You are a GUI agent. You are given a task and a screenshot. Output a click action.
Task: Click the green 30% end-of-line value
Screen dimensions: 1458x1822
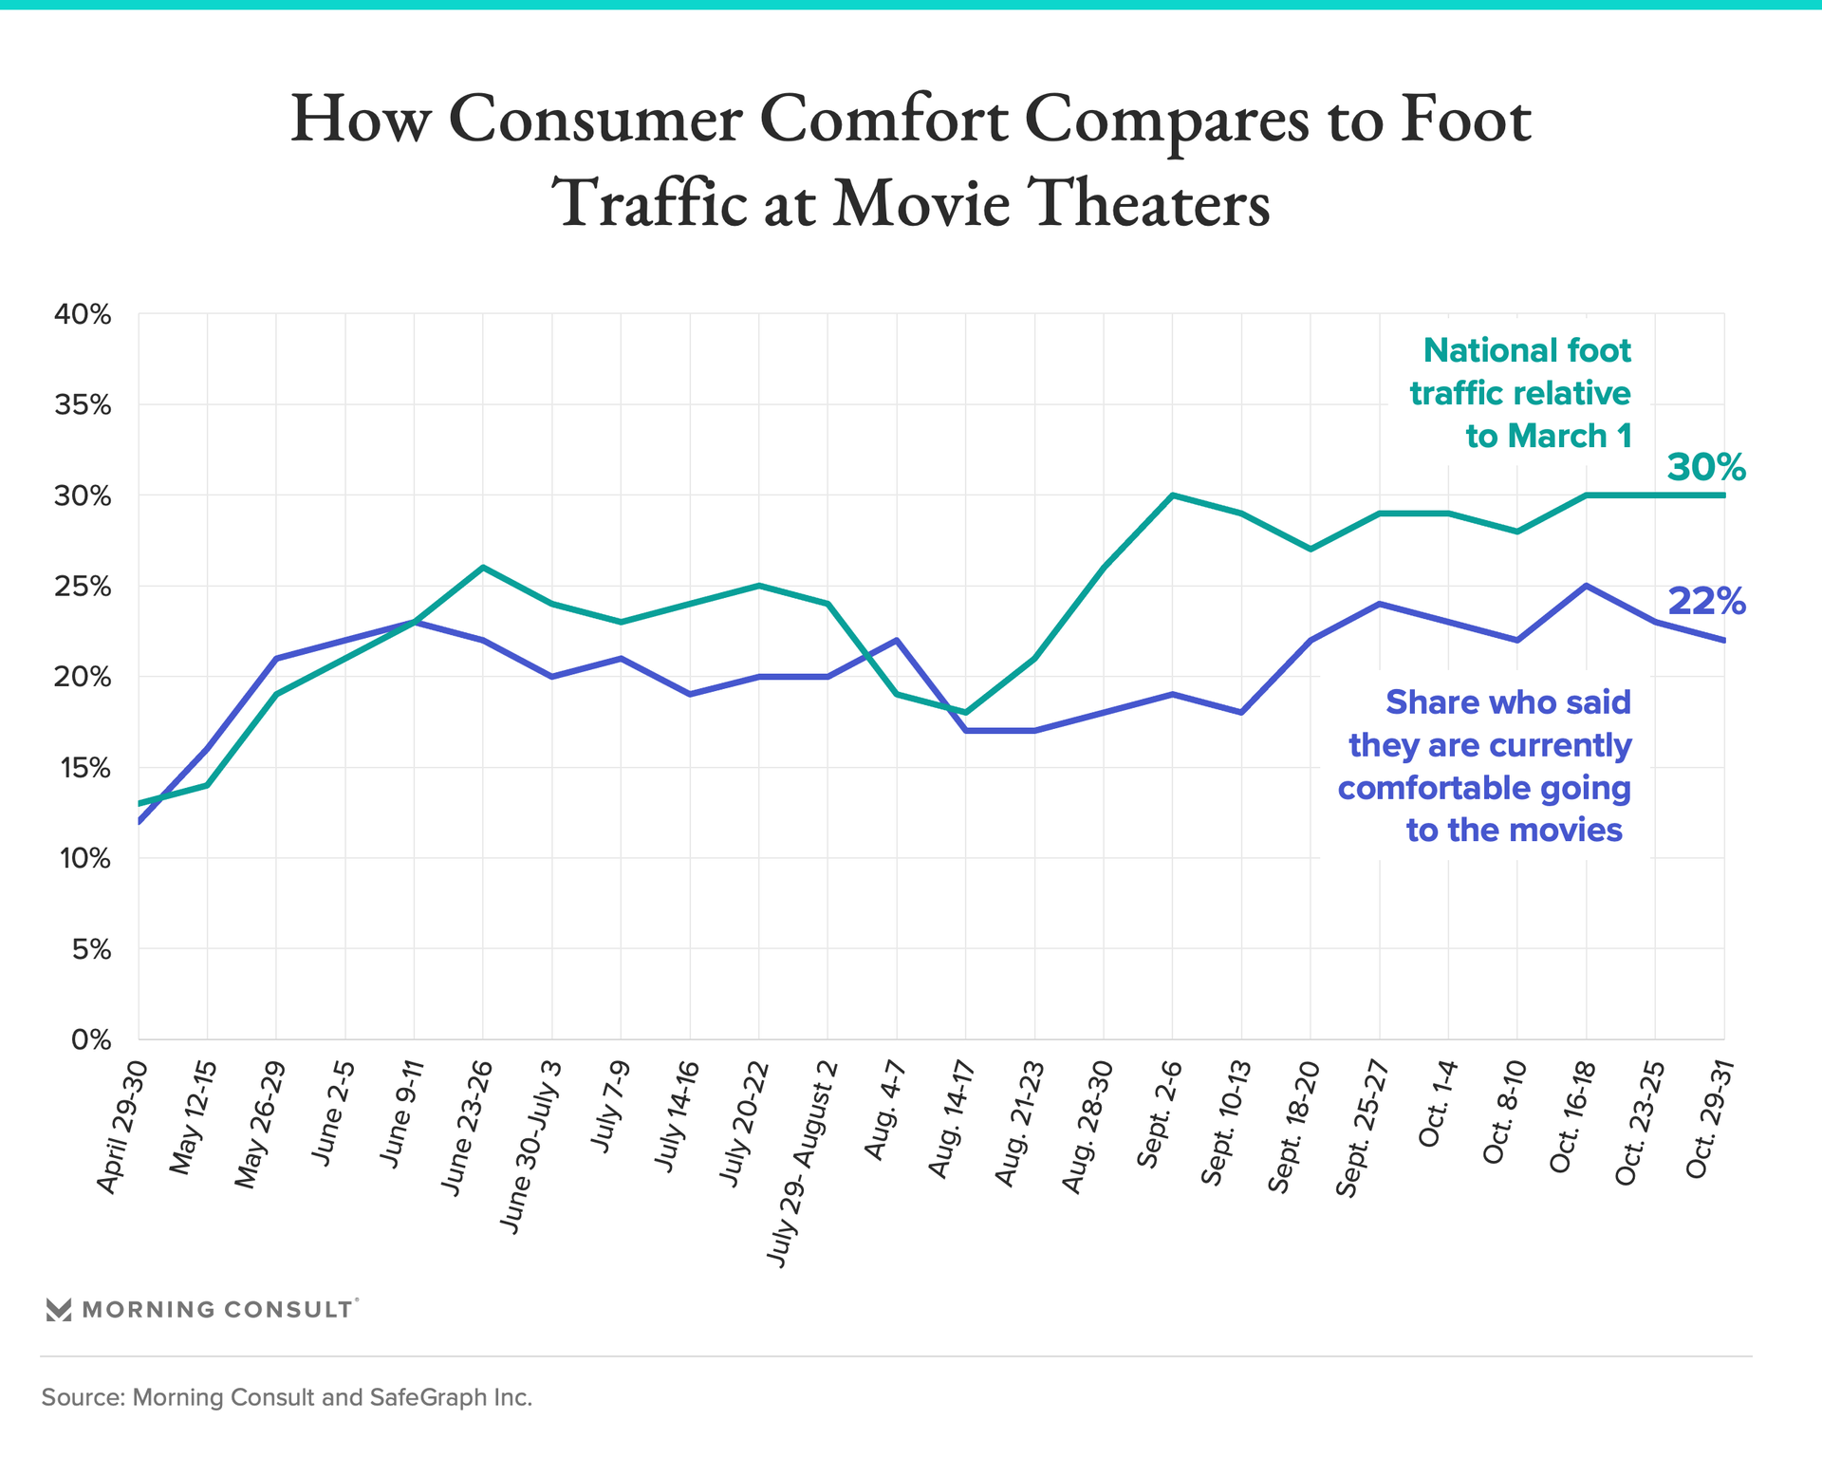[1706, 467]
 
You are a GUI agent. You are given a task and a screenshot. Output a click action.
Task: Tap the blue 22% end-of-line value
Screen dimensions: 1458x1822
[1706, 601]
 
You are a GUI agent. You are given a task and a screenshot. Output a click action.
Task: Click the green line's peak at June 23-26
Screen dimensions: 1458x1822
[483, 568]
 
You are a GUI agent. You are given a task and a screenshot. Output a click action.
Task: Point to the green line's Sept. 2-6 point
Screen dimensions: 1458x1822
[1173, 495]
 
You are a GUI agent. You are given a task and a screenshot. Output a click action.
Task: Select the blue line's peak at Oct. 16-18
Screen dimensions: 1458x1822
[1587, 586]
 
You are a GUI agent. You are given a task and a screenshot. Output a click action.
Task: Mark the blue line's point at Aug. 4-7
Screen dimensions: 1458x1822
[897, 640]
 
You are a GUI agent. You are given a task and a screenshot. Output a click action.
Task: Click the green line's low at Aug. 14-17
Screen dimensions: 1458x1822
[966, 712]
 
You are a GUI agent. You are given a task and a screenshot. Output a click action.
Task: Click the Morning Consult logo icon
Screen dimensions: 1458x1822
[59, 1310]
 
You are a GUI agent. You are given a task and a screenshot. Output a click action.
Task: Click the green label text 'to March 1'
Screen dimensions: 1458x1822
[1549, 436]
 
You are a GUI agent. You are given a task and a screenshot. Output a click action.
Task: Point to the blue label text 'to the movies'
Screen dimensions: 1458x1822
[1515, 830]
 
